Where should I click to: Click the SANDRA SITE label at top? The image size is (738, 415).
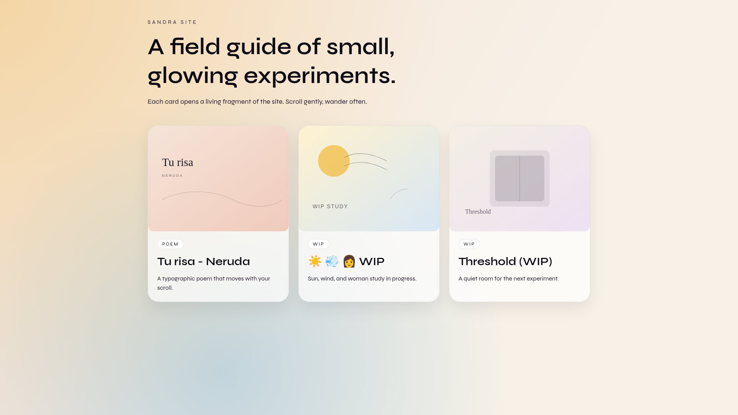click(x=172, y=22)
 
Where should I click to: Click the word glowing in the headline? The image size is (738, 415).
click(x=193, y=76)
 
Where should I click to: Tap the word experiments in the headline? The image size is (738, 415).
click(x=319, y=76)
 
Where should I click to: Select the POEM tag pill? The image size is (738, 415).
click(x=170, y=244)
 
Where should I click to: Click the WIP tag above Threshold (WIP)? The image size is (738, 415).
click(x=469, y=244)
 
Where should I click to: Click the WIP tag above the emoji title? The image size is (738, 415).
click(x=318, y=244)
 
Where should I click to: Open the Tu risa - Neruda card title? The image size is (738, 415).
click(x=203, y=262)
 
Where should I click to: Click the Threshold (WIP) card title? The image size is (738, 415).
click(x=505, y=262)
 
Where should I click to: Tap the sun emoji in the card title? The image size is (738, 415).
click(x=315, y=262)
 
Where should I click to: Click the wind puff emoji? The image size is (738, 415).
click(x=332, y=262)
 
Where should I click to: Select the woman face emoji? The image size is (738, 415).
click(x=349, y=262)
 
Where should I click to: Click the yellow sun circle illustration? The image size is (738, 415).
click(x=333, y=161)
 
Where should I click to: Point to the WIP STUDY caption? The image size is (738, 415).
click(x=330, y=206)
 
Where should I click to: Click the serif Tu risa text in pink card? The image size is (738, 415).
click(x=178, y=163)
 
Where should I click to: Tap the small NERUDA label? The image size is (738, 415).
click(x=172, y=176)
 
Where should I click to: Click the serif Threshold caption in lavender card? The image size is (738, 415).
click(x=478, y=212)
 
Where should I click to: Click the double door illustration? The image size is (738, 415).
click(x=519, y=178)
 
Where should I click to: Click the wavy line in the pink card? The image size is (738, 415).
click(x=222, y=198)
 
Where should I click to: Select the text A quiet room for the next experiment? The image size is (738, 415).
click(x=508, y=279)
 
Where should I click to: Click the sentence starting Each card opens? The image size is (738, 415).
click(x=257, y=102)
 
